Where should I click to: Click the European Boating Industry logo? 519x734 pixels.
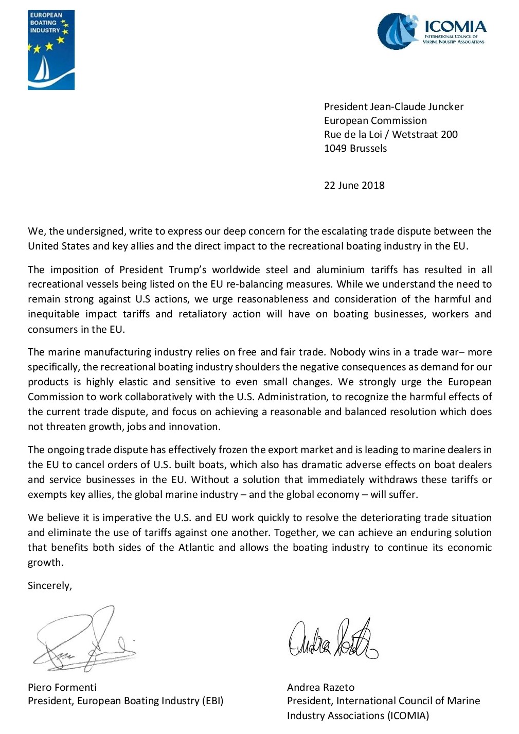51,50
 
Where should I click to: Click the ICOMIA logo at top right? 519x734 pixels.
431,31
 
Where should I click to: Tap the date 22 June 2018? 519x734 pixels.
354,185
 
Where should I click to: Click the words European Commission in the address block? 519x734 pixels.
375,120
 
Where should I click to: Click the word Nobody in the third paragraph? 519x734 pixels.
346,352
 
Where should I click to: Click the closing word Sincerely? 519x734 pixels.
49,585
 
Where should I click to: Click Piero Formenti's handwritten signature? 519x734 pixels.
85,640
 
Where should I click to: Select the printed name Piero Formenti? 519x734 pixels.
62,687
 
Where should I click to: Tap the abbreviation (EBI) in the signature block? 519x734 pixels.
212,701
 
